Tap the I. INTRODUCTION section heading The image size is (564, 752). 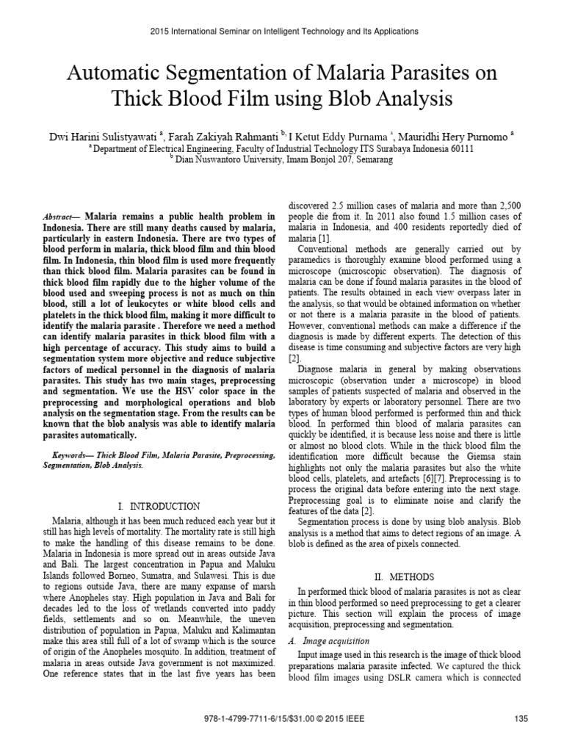pyautogui.click(x=159, y=506)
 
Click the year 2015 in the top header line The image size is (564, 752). pyautogui.click(x=159, y=32)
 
